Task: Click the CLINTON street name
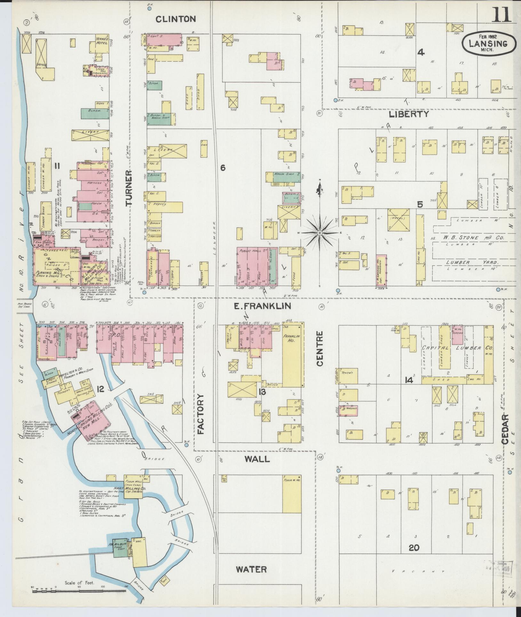pyautogui.click(x=176, y=19)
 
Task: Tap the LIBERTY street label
pyautogui.click(x=409, y=114)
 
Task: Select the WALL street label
pyautogui.click(x=257, y=459)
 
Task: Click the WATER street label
pyautogui.click(x=251, y=569)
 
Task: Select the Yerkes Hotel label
pyautogui.click(x=102, y=41)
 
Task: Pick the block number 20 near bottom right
pyautogui.click(x=414, y=548)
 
